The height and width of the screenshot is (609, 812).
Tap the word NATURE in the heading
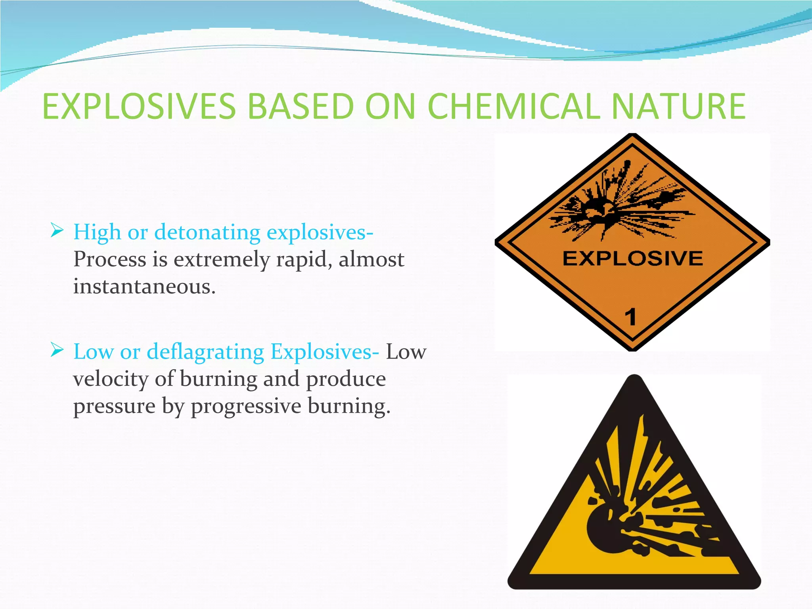(678, 106)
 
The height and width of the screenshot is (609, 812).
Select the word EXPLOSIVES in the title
(139, 106)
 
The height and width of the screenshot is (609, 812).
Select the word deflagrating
(205, 352)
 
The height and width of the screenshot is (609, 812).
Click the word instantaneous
(144, 286)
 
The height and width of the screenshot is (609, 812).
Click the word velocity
(111, 379)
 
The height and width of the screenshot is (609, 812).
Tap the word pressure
(114, 407)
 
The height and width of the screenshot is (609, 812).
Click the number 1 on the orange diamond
(630, 317)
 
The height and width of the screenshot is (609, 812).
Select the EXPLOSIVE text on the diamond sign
(632, 259)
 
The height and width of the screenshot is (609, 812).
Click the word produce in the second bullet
(346, 380)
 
